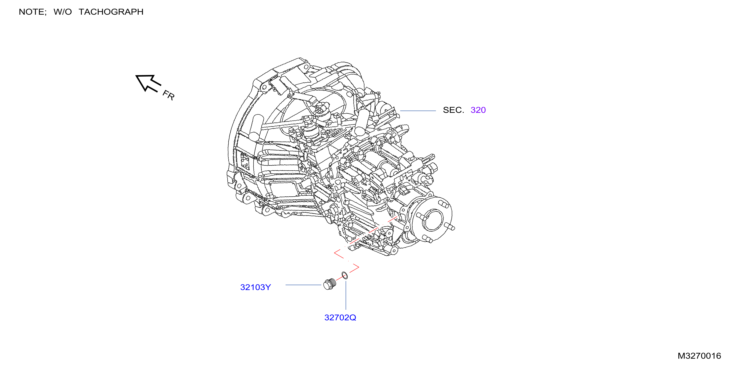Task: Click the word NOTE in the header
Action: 32,12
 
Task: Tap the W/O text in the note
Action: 62,12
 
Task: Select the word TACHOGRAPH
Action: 111,12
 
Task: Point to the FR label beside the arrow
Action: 169,95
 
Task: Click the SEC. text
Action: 453,110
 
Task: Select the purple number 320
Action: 478,110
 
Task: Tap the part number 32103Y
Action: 255,287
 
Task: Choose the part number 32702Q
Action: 340,318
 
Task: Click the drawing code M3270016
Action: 699,356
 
